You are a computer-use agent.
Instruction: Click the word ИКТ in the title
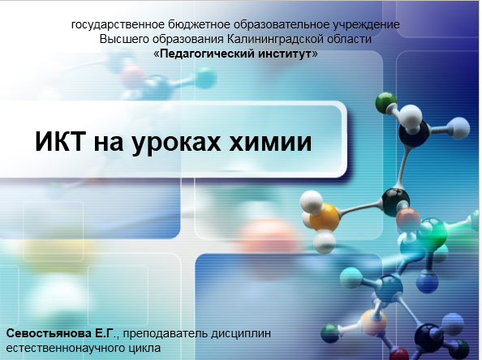pos(60,141)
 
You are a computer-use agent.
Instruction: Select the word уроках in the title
pos(176,144)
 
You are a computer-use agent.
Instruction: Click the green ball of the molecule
pos(385,103)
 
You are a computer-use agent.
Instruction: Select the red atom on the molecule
pos(408,219)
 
